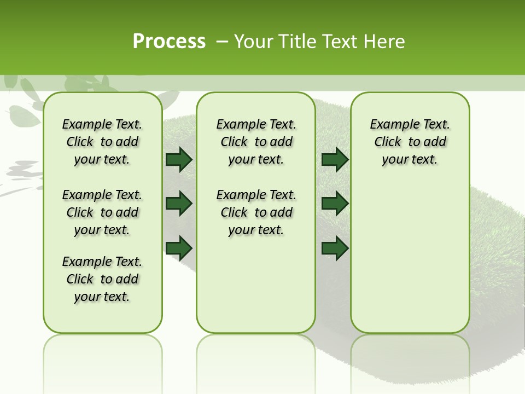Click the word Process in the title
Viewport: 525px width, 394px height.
pyautogui.click(x=169, y=42)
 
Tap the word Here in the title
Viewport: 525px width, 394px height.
pyautogui.click(x=384, y=42)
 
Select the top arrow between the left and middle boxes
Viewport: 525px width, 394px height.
pyautogui.click(x=179, y=159)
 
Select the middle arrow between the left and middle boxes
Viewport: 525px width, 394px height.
pyautogui.click(x=179, y=204)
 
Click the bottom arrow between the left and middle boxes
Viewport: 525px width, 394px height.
pyautogui.click(x=179, y=248)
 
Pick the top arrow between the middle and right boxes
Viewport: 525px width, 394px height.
pyautogui.click(x=335, y=159)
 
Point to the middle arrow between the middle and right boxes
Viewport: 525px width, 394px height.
pyautogui.click(x=335, y=204)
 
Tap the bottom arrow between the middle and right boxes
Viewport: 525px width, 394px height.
pyautogui.click(x=335, y=248)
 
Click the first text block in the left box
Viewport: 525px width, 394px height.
pyautogui.click(x=102, y=142)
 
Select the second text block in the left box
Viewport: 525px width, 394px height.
pyautogui.click(x=102, y=212)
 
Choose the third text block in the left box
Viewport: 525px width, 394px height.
pyautogui.click(x=102, y=279)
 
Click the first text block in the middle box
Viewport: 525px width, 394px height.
pyautogui.click(x=256, y=142)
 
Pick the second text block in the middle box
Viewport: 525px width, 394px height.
pyautogui.click(x=256, y=212)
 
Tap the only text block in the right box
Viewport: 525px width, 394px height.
pyautogui.click(x=410, y=142)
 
